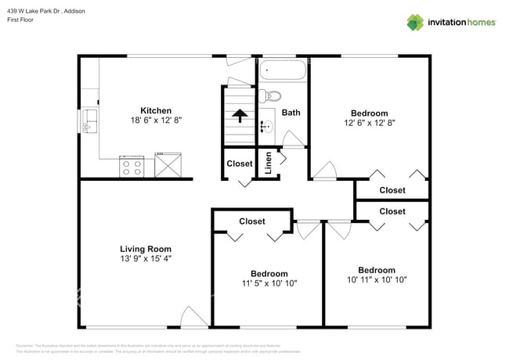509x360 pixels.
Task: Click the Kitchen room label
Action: coord(156,110)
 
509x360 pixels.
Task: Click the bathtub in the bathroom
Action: coord(283,72)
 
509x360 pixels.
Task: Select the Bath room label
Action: coord(291,113)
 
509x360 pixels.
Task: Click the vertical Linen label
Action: coord(268,162)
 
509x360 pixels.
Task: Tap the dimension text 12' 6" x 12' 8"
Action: coord(370,123)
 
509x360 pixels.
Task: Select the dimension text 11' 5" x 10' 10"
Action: coord(268,283)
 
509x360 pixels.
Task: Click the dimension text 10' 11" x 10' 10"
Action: coord(377,279)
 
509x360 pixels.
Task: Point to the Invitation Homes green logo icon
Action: coord(413,22)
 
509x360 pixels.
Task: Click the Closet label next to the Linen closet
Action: coord(240,164)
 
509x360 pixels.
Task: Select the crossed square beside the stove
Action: coord(168,166)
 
